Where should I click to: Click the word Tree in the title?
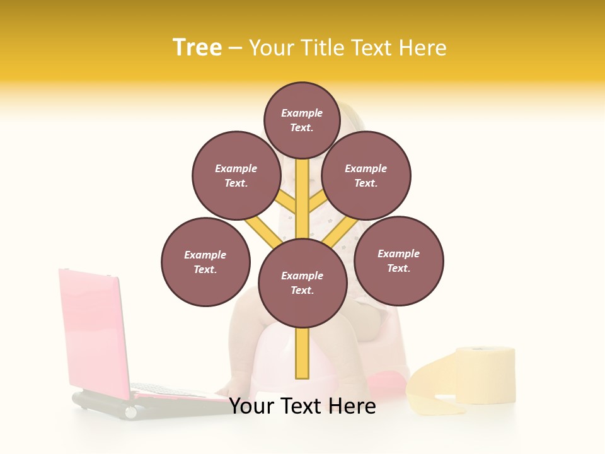(x=197, y=47)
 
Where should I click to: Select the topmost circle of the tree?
(x=302, y=120)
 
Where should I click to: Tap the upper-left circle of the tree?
(x=236, y=175)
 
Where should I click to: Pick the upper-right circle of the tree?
(x=366, y=175)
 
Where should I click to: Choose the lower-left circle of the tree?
(x=205, y=262)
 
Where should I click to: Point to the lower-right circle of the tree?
(x=399, y=260)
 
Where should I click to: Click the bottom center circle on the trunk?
(x=302, y=283)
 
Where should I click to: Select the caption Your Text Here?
(x=302, y=406)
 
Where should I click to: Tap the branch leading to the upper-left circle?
(x=285, y=202)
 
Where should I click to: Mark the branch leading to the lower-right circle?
(x=337, y=233)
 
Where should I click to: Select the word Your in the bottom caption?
(x=251, y=406)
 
